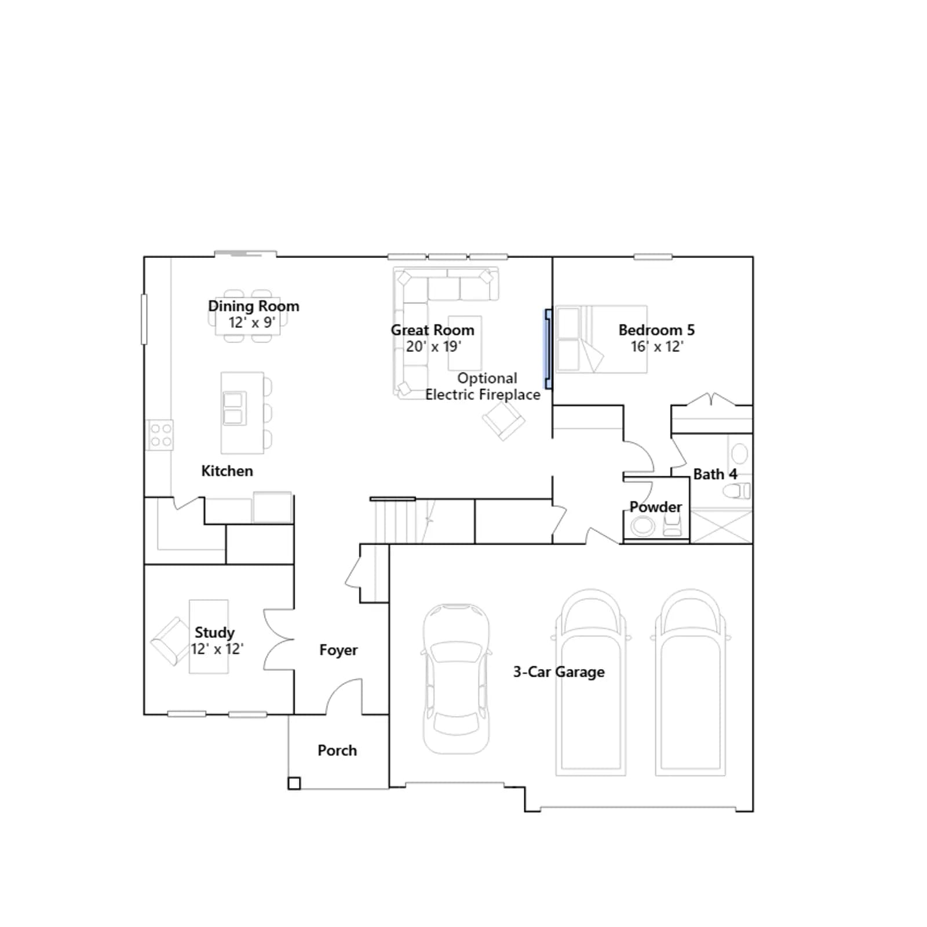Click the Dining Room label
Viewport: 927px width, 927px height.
click(x=254, y=306)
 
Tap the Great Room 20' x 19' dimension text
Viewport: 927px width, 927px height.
click(x=433, y=346)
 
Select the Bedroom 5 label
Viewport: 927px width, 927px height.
click(x=656, y=330)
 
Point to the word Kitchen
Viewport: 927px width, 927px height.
click(x=227, y=471)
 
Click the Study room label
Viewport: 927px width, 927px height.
click(x=214, y=632)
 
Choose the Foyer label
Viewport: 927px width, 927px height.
click(x=338, y=650)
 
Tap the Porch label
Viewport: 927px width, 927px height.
click(x=337, y=750)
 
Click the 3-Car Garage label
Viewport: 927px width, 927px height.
click(x=559, y=672)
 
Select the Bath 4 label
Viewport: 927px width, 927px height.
click(x=715, y=474)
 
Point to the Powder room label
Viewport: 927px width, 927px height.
click(x=656, y=507)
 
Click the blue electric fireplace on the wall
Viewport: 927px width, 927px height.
click(x=548, y=349)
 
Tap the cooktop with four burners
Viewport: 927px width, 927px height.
click(x=159, y=435)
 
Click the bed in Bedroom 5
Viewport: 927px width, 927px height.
click(x=601, y=339)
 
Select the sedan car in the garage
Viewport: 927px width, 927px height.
click(x=457, y=678)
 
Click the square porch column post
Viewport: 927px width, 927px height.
click(x=294, y=783)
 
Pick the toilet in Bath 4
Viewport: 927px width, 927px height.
click(x=736, y=491)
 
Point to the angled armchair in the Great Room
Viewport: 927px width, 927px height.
click(x=503, y=419)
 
